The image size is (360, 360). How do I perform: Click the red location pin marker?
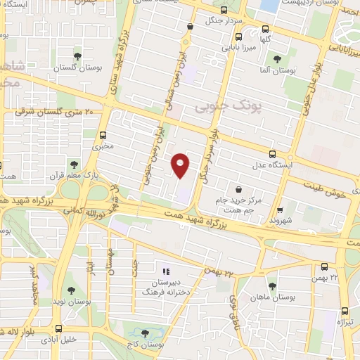pos(181,165)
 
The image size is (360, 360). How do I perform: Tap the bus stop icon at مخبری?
pos(103,135)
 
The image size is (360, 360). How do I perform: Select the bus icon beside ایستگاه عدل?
pos(272,155)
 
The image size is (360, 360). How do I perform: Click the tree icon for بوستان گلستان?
pos(77,56)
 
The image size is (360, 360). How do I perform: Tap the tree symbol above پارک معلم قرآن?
pos(73,165)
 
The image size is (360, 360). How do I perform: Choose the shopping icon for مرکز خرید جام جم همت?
pos(239,189)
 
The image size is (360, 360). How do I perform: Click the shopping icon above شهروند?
pos(280,209)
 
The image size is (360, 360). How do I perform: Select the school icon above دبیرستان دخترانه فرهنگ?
pos(167,271)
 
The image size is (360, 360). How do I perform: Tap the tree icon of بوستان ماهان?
pos(272,285)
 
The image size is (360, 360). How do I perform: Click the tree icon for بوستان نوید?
pos(71,289)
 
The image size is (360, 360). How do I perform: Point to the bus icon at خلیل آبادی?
pos(59,328)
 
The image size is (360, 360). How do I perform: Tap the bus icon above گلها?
pos(265,30)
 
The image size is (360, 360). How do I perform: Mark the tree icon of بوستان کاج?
pos(146,333)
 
